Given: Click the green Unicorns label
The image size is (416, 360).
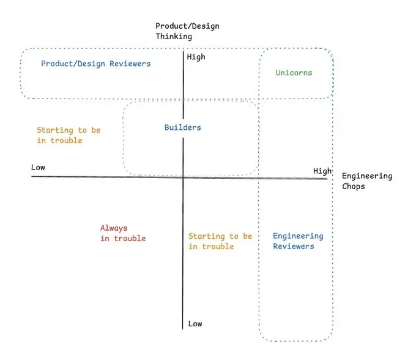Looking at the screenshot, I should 294,73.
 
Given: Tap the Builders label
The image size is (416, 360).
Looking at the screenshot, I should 182,128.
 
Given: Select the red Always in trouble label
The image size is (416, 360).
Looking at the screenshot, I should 123,233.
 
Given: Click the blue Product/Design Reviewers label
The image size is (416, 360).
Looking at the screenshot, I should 95,64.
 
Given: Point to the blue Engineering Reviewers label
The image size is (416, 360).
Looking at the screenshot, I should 298,241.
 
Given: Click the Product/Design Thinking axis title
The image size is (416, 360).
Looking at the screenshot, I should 187,31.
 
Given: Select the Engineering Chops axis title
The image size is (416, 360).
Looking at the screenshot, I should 366,181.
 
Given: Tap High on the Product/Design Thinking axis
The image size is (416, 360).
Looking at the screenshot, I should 196,58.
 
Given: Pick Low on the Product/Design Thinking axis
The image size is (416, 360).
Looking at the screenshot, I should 195,324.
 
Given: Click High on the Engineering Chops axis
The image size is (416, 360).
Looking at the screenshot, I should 322,171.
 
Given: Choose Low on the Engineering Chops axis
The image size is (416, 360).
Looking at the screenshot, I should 38,168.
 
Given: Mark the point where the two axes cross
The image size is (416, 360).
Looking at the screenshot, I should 183,177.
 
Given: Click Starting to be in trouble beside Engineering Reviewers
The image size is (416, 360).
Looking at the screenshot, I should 220,241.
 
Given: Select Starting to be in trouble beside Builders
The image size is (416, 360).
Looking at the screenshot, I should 68,135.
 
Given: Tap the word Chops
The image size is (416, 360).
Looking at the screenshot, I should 353,186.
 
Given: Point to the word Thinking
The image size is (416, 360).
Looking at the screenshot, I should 174,37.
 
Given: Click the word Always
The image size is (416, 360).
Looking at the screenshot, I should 114,228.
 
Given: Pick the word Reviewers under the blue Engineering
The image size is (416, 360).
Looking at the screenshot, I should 294,247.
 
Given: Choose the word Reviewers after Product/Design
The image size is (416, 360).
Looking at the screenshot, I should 127,64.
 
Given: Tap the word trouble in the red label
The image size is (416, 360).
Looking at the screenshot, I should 130,239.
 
